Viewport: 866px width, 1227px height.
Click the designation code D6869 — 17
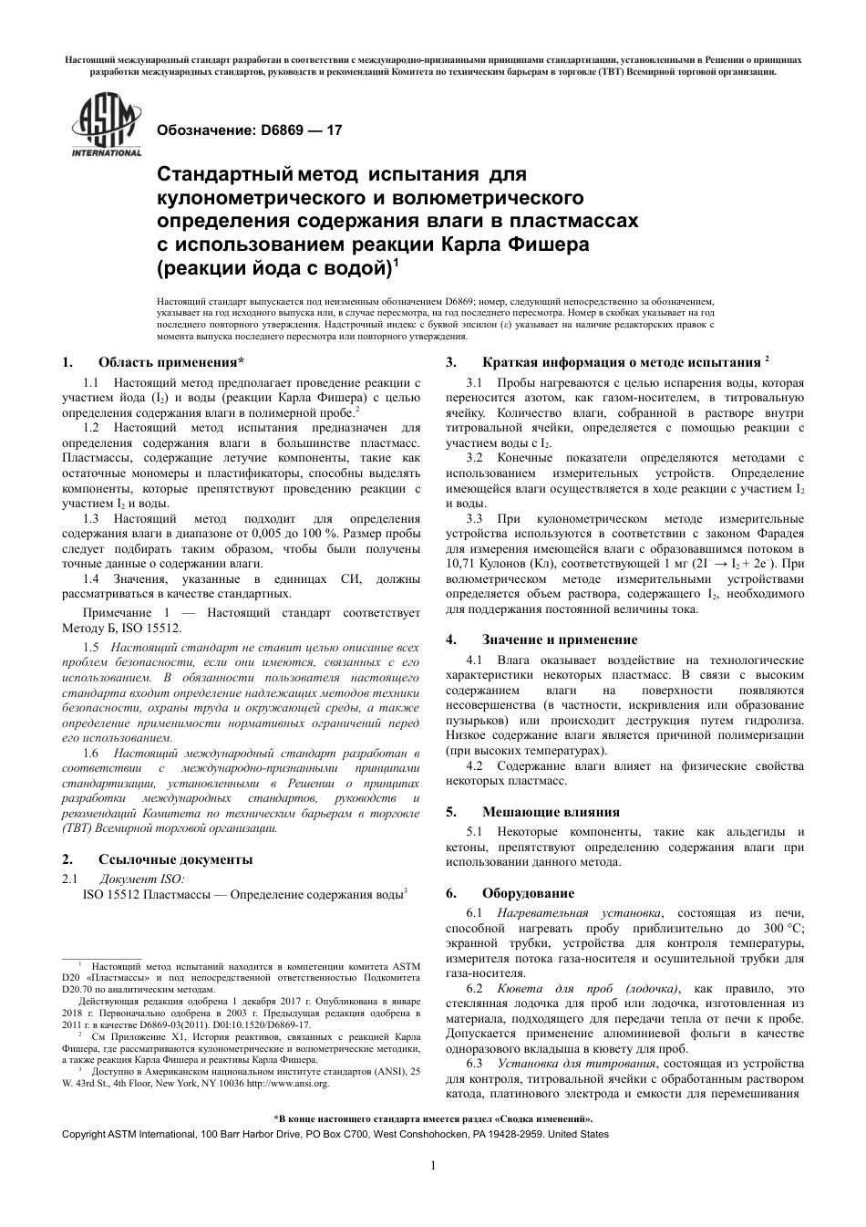[x=250, y=130]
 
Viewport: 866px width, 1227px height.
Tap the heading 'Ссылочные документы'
[x=175, y=859]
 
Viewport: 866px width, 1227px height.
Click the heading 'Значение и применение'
[x=559, y=639]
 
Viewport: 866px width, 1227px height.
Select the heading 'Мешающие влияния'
[x=551, y=811]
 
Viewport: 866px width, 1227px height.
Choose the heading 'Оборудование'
[x=528, y=892]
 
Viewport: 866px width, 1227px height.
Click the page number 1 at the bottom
[x=433, y=1165]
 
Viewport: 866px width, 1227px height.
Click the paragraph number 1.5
[x=91, y=647]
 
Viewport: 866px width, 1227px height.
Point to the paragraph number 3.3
[x=474, y=518]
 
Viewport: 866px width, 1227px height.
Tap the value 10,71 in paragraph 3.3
[x=461, y=564]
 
